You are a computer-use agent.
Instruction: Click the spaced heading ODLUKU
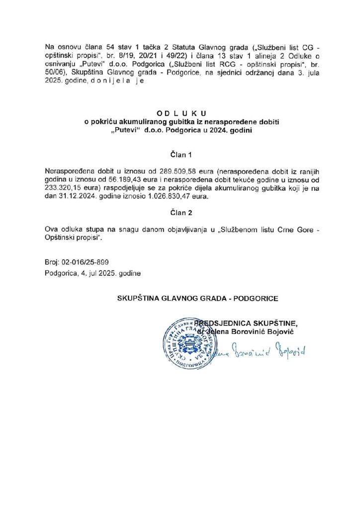180,112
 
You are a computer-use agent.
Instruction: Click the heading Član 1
180,155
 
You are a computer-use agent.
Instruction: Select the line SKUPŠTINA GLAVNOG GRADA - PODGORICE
197,299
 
